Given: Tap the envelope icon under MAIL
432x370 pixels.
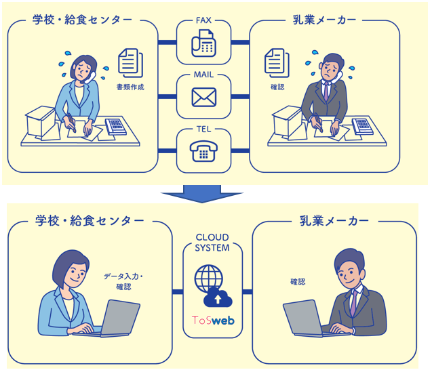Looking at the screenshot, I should [203, 98].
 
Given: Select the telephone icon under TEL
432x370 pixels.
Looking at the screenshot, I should [203, 151].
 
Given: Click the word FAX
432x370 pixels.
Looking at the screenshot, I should [203, 20].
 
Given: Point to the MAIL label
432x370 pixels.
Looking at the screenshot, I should [203, 73].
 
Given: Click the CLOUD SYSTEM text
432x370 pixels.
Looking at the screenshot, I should [212, 243].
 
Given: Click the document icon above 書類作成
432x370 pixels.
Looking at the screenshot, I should [130, 62].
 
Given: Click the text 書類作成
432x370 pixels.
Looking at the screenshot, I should [130, 87].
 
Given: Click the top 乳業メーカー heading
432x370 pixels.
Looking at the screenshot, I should [321, 20].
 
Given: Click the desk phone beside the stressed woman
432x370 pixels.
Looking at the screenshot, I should [115, 126].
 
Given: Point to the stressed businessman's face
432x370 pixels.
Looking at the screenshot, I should [330, 68].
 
